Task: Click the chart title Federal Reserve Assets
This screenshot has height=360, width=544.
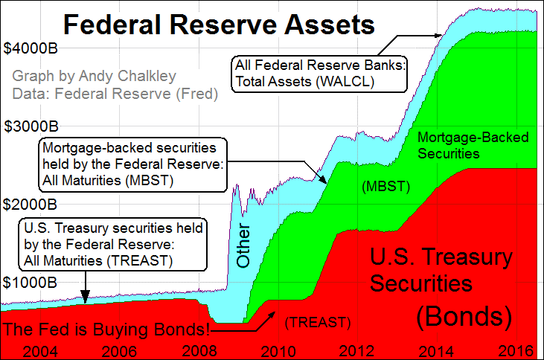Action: [218, 27]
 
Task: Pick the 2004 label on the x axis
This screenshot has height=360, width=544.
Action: [37, 349]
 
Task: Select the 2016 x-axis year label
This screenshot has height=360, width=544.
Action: [513, 349]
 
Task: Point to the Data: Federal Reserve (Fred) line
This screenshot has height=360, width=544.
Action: [115, 94]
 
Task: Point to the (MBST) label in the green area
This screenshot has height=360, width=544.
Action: [385, 186]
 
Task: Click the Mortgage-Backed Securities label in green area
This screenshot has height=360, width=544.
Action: [461, 145]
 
